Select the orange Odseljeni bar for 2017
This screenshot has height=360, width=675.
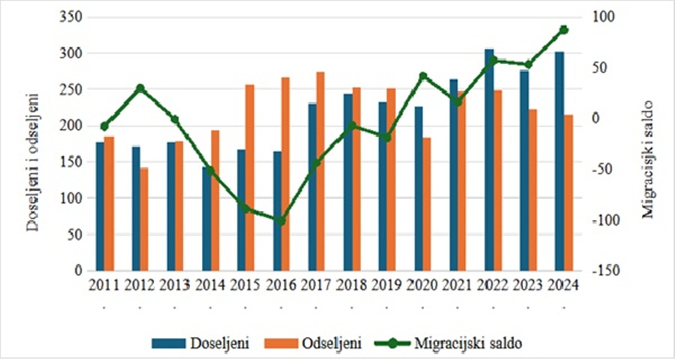[320, 171]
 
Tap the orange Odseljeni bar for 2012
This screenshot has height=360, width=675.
[144, 219]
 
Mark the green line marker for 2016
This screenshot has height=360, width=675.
[281, 221]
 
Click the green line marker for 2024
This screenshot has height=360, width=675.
[564, 30]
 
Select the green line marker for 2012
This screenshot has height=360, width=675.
[140, 88]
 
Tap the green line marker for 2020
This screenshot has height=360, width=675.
[423, 76]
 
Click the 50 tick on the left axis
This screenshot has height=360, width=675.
[76, 235]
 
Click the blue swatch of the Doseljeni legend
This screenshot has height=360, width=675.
[169, 344]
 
